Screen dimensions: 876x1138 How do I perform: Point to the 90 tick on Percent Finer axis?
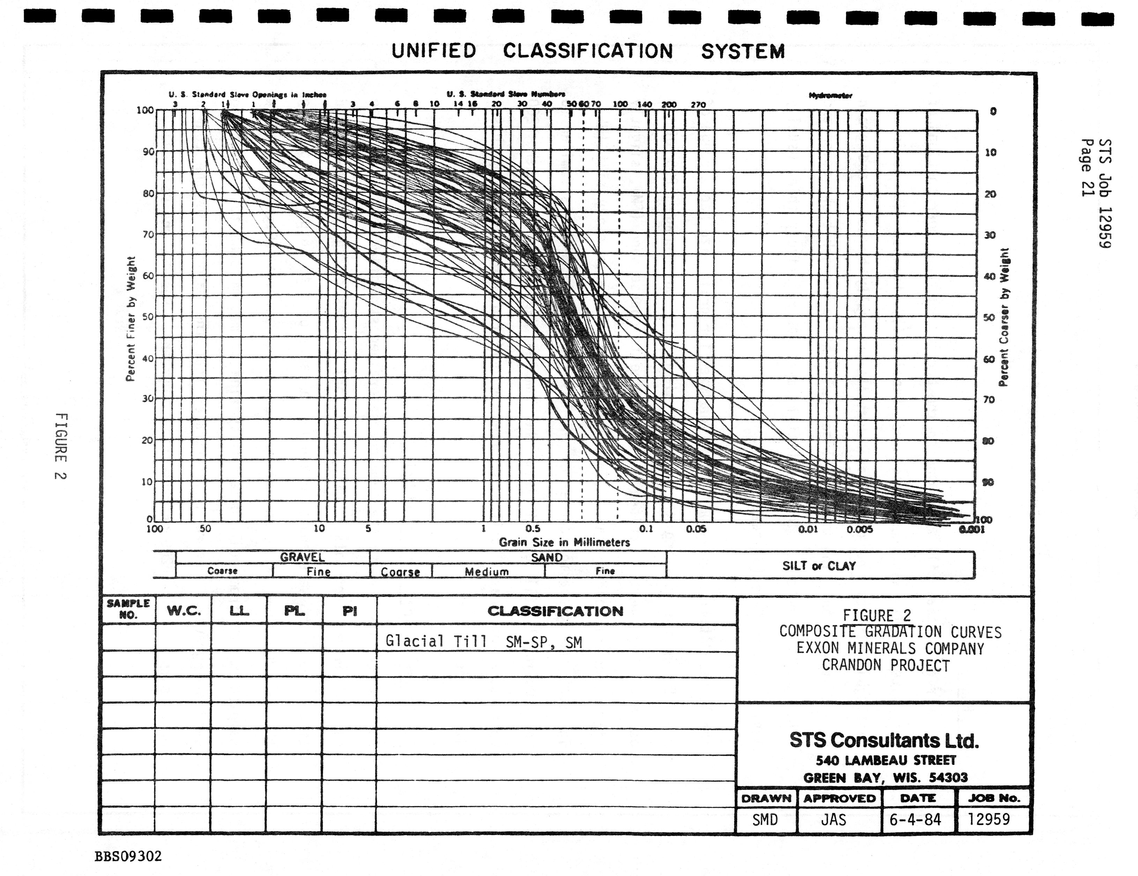click(x=148, y=152)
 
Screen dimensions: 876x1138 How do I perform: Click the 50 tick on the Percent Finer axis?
click(x=148, y=317)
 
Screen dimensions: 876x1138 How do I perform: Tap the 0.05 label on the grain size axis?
click(x=696, y=529)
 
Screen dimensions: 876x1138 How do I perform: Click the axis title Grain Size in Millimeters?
click(x=564, y=542)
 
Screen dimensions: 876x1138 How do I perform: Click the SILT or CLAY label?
click(x=819, y=566)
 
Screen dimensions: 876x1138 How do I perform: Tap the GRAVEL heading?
click(x=302, y=557)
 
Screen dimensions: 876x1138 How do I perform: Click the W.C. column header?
click(x=184, y=611)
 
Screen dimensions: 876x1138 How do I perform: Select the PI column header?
click(x=349, y=611)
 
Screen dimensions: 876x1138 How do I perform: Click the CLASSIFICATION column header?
click(x=556, y=611)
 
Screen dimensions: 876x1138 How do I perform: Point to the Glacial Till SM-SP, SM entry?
click(x=484, y=642)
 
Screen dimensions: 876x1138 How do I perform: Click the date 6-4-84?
click(x=915, y=820)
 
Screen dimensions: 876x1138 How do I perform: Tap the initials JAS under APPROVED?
click(x=834, y=820)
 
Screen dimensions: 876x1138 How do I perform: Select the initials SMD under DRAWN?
click(x=765, y=820)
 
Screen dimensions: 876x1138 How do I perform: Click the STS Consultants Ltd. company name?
click(x=884, y=740)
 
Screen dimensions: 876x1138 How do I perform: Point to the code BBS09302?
click(x=128, y=856)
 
